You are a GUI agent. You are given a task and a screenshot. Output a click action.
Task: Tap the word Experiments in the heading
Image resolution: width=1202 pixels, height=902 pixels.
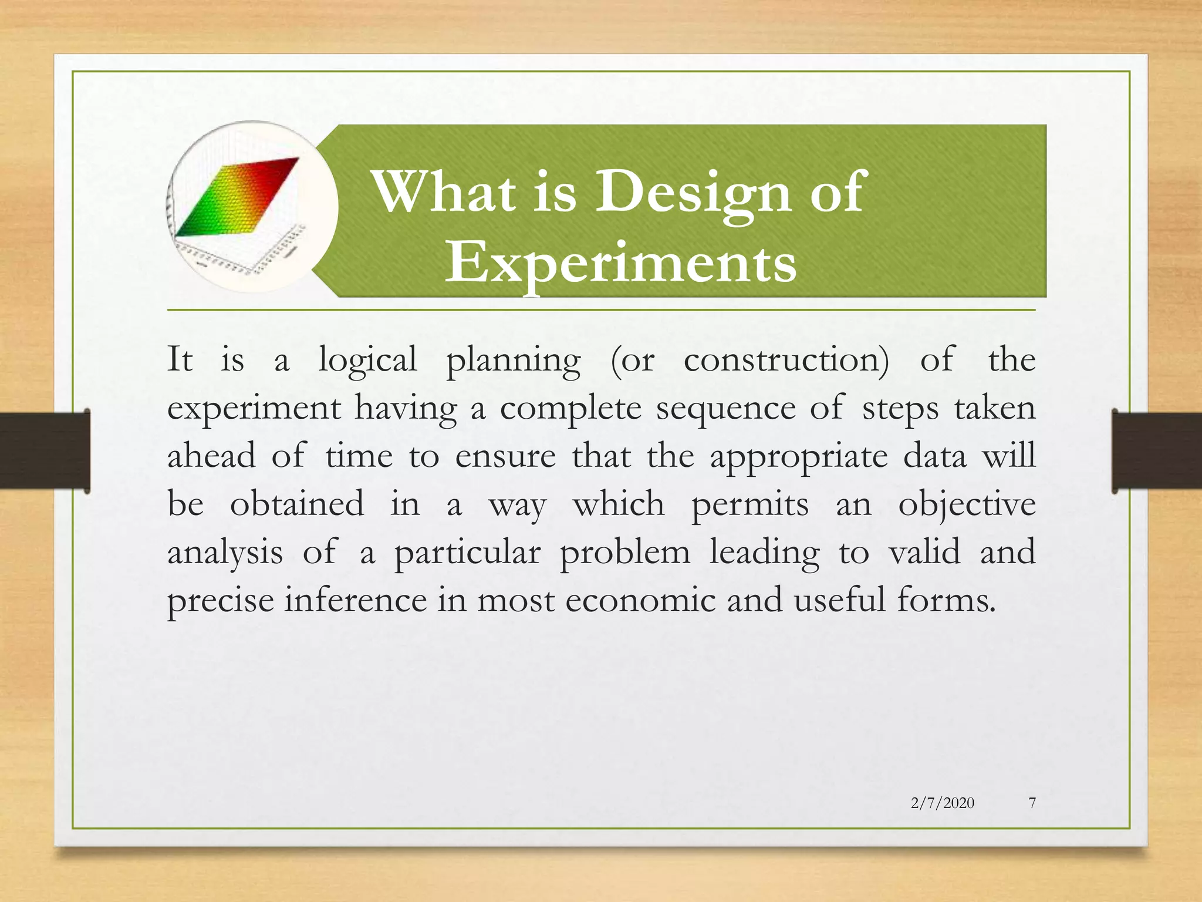pos(620,262)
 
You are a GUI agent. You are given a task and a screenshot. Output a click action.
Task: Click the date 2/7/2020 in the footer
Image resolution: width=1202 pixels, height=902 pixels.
pos(942,803)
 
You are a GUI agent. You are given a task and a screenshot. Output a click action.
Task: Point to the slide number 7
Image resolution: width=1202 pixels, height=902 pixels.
pos(1032,803)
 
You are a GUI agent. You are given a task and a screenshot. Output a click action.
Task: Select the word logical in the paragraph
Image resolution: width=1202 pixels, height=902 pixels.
pos(367,360)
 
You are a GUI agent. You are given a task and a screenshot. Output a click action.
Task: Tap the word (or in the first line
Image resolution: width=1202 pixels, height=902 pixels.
pos(632,360)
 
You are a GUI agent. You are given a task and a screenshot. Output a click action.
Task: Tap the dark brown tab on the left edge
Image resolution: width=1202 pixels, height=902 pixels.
pos(44,450)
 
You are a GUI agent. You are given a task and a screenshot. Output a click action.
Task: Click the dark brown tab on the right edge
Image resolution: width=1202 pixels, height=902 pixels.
pos(1156,450)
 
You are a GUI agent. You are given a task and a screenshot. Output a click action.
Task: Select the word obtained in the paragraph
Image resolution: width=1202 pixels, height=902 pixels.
pos(296,504)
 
